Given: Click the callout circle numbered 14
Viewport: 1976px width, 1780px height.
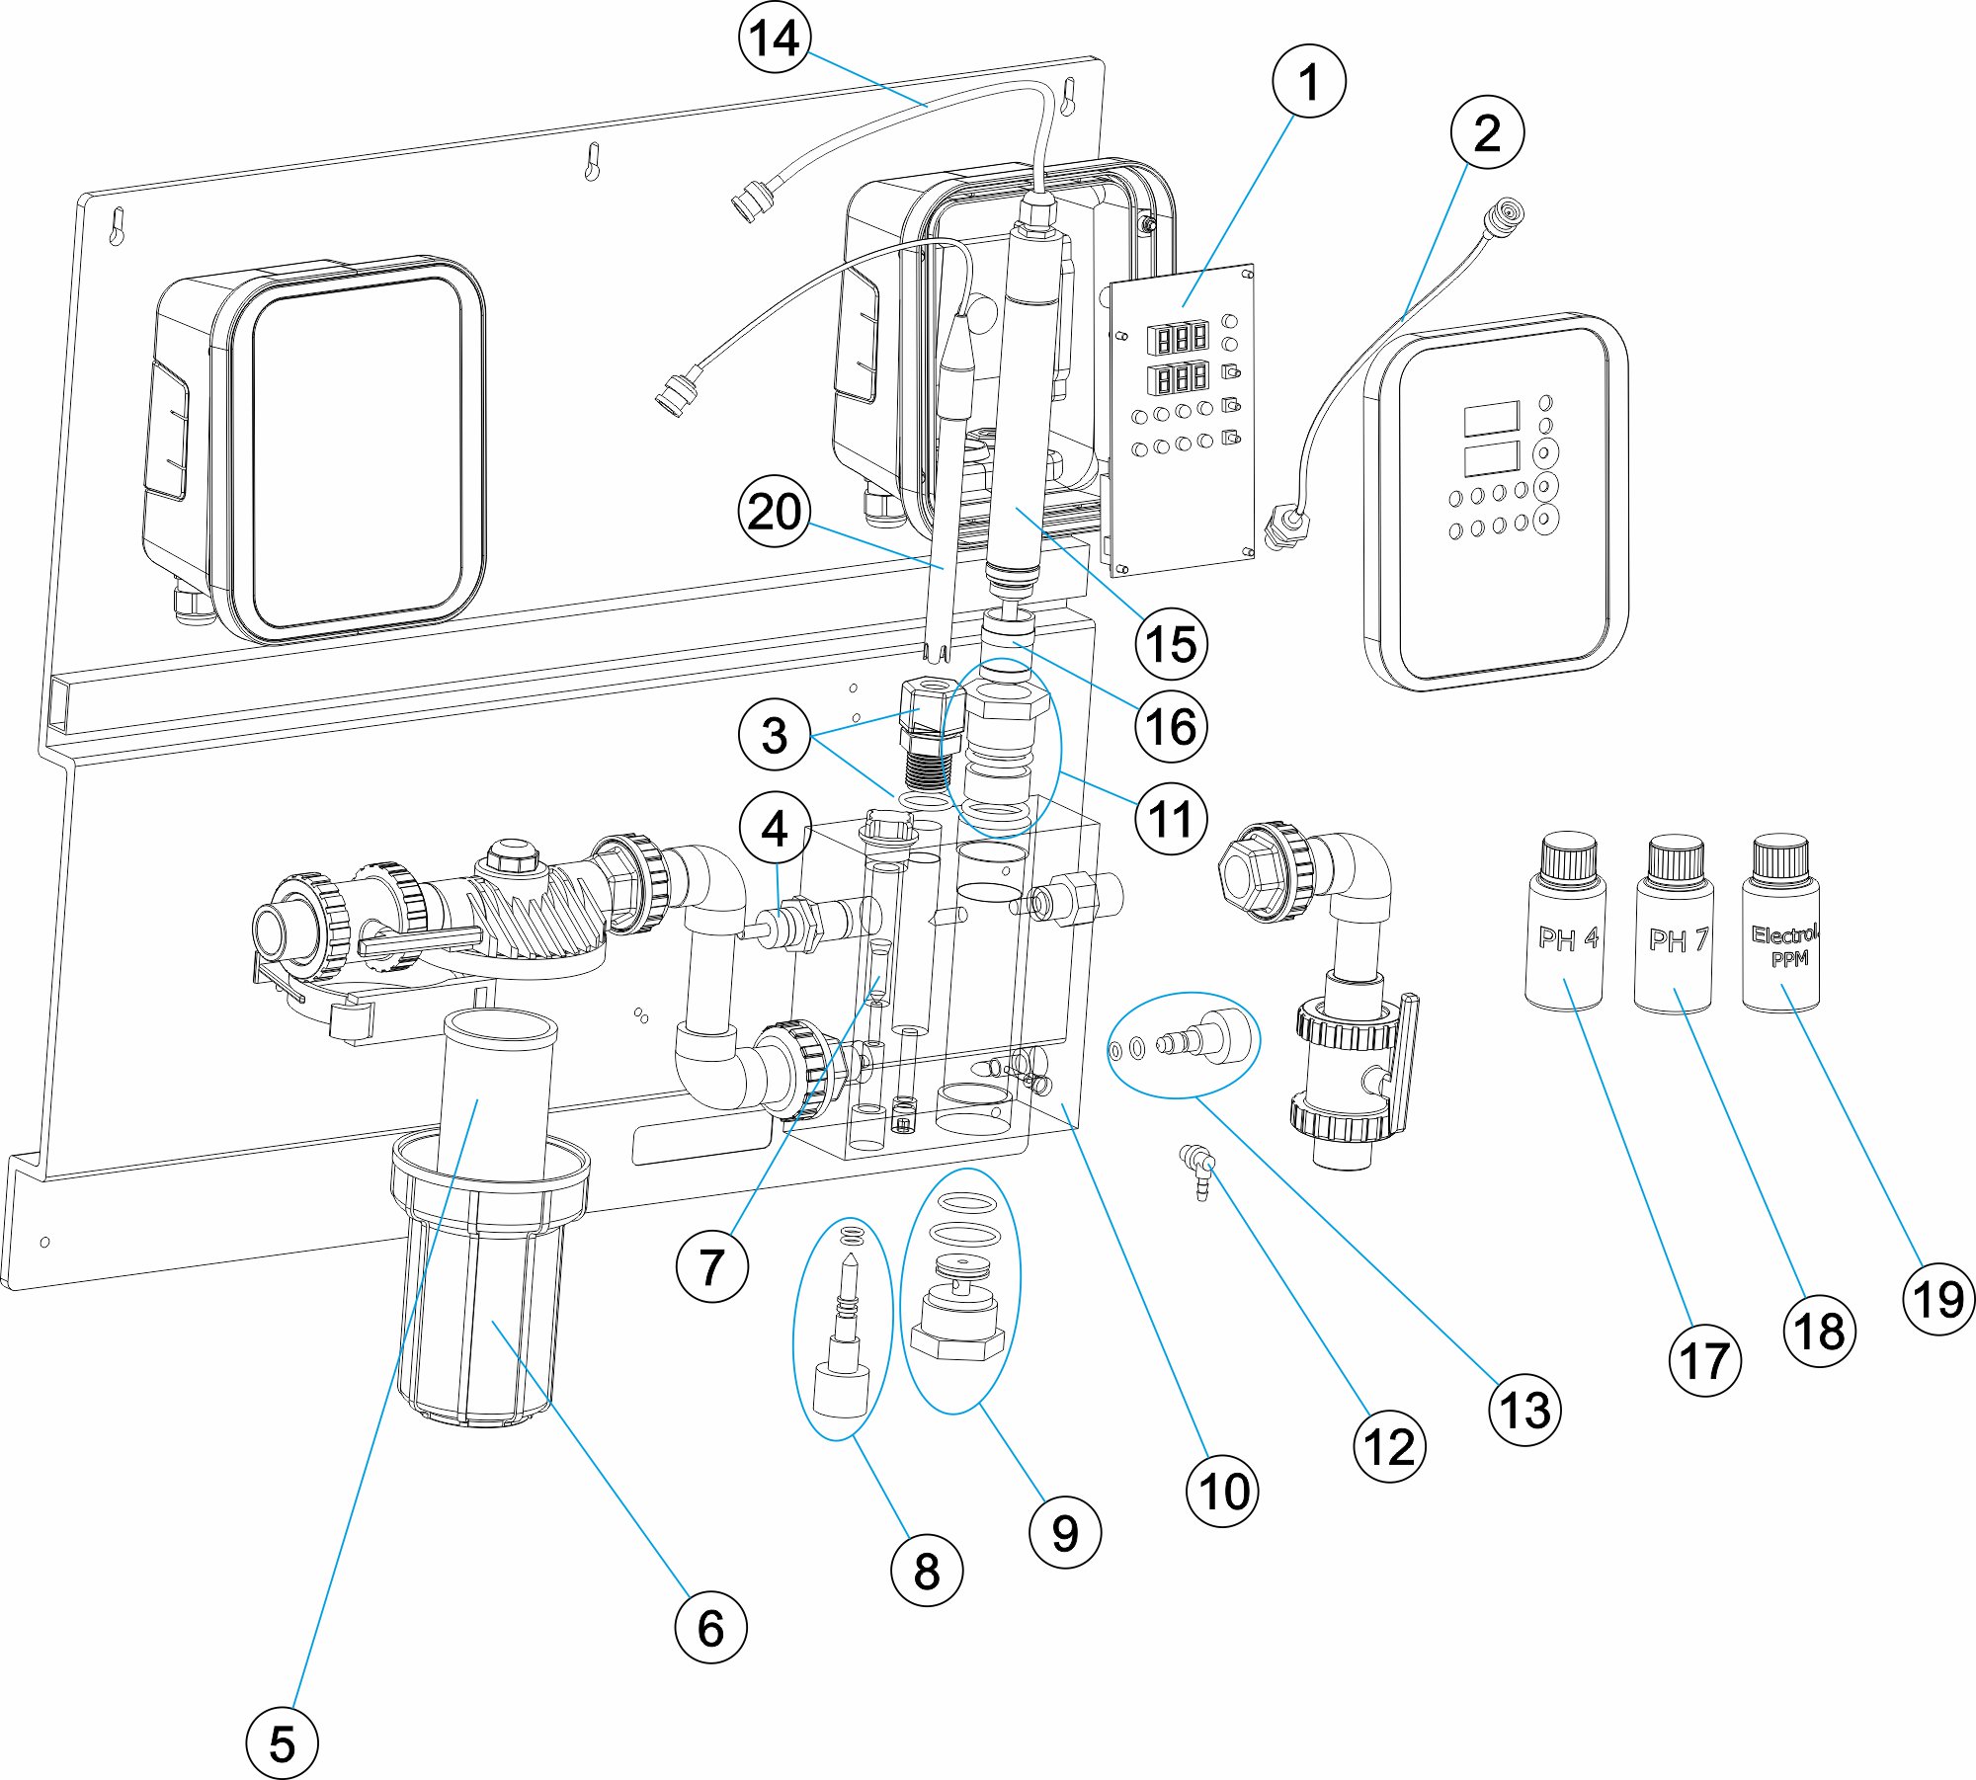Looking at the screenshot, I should pos(775,39).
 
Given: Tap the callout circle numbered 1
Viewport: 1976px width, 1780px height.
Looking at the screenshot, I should pos(1308,82).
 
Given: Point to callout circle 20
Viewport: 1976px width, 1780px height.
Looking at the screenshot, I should pos(775,512).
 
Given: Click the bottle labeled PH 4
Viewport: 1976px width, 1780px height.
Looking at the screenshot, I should pos(1566,938).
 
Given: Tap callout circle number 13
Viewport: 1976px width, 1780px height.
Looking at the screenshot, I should pos(1524,1410).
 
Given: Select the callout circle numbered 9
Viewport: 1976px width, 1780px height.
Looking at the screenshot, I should pos(1064,1532).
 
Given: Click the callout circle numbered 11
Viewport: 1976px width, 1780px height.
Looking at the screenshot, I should pos(1171,819).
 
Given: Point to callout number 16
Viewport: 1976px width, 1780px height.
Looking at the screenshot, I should pos(1171,727).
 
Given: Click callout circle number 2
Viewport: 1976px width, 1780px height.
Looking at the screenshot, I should pos(1487,132).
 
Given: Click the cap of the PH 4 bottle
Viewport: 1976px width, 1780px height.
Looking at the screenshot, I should pos(1568,856).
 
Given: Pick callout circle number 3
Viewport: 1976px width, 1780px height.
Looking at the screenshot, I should pos(775,735).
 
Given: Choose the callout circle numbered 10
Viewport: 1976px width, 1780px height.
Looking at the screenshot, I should pos(1222,1492).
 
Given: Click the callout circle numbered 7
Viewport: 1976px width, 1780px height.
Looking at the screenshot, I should pos(711,1266).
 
